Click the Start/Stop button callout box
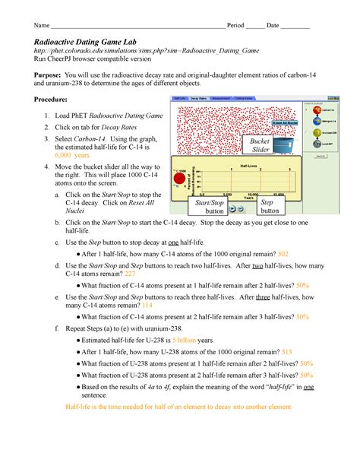click(209, 207)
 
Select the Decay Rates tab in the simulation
click(199, 99)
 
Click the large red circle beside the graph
click(180, 180)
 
